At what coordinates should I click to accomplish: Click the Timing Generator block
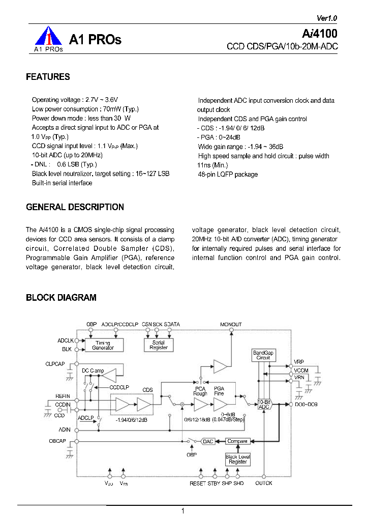pos(103,345)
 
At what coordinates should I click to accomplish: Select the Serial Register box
pos(158,345)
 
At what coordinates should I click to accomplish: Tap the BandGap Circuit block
pos(263,355)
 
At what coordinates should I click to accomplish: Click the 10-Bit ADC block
pos(264,405)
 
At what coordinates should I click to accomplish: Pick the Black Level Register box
pos(238,459)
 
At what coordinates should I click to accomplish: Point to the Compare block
pos(237,441)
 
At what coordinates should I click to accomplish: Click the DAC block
pos(208,441)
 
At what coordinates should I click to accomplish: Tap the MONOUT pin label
pos(231,324)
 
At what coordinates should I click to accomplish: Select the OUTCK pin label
pos(263,483)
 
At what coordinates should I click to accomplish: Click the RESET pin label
pos(198,483)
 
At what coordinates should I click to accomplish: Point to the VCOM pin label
pos(301,371)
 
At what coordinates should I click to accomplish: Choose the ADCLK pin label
pos(66,340)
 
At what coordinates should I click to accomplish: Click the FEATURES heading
pos(48,77)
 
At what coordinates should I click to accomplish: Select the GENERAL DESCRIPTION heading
pos(75,207)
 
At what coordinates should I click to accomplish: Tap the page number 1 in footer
pos(182,510)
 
